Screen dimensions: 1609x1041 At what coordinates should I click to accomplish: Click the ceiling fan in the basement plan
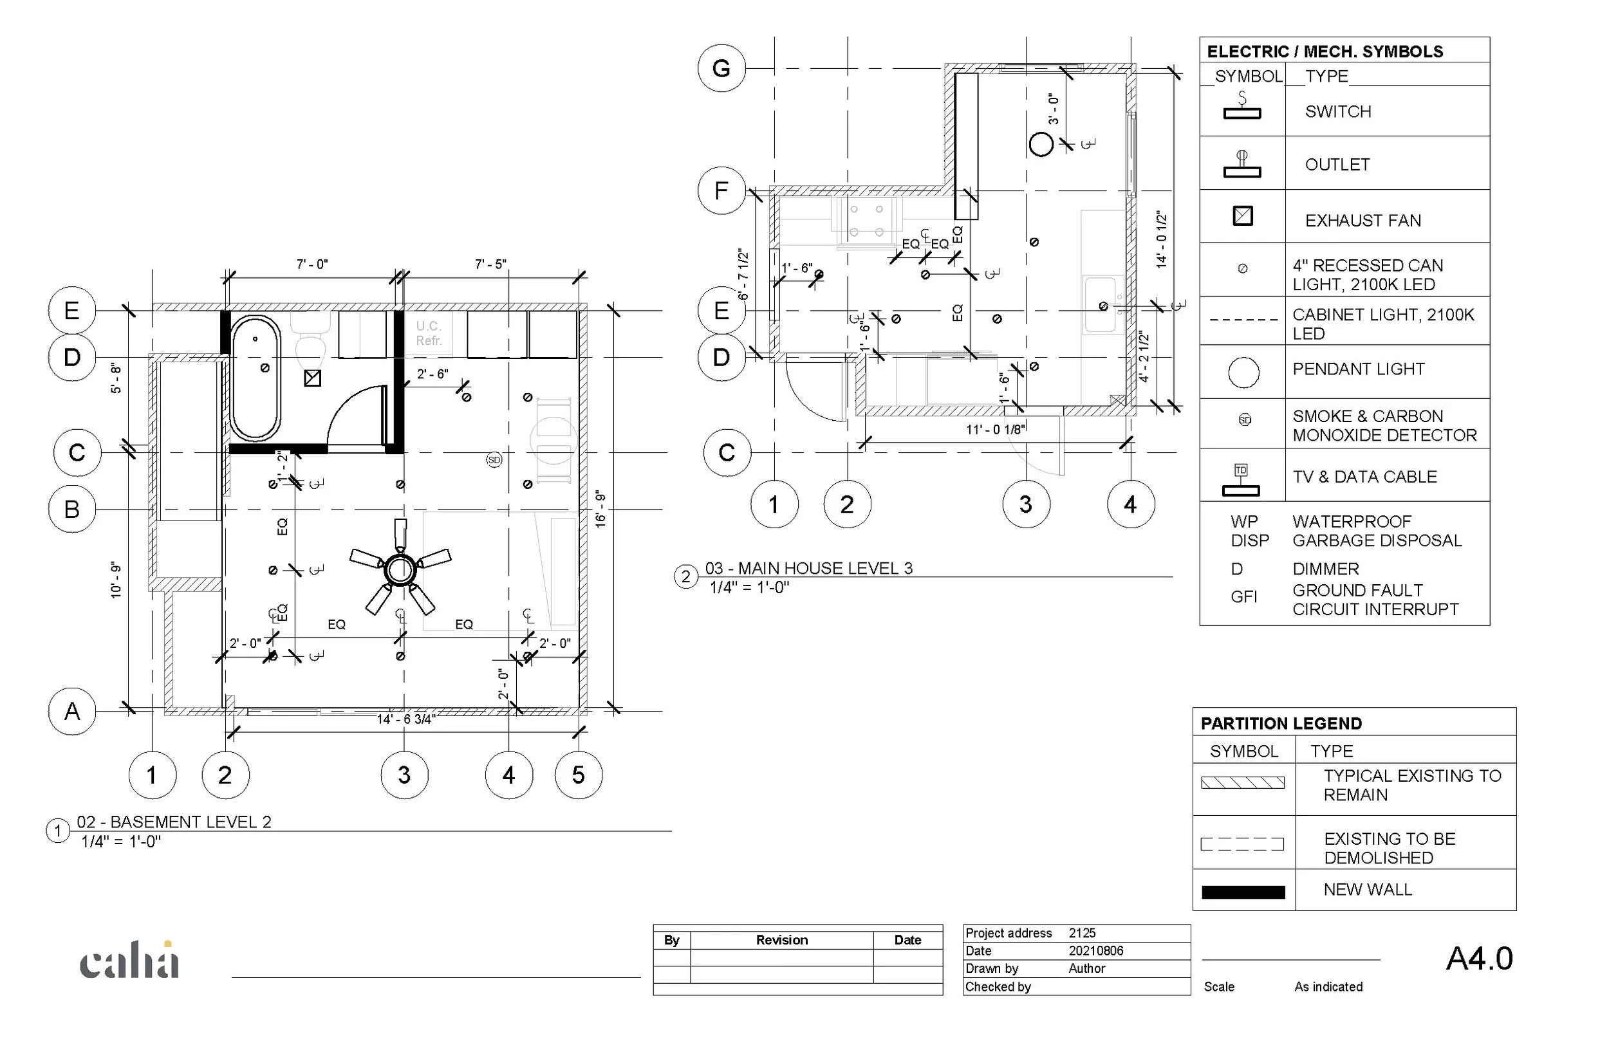point(400,569)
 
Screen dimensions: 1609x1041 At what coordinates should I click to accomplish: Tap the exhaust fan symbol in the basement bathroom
point(312,378)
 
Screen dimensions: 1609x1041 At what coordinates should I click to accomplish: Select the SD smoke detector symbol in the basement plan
point(494,460)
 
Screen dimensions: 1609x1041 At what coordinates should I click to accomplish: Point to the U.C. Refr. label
point(429,333)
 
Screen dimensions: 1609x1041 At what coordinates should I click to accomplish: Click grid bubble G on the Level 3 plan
point(721,68)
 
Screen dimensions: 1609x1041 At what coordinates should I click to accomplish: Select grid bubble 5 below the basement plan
point(578,775)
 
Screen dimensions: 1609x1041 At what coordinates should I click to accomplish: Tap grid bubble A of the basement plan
point(71,711)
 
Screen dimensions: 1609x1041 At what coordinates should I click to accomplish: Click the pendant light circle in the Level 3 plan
point(1041,144)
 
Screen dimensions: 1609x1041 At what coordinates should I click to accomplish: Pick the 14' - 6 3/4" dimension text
point(405,719)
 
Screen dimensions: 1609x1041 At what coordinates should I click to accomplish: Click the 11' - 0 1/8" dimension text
point(995,429)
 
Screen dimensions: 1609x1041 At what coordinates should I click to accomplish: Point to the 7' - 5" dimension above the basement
point(490,264)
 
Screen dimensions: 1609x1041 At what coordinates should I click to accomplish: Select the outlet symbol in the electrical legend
point(1242,164)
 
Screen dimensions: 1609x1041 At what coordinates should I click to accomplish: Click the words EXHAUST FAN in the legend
point(1363,221)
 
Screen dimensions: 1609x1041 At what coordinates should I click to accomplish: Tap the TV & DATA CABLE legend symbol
point(1242,479)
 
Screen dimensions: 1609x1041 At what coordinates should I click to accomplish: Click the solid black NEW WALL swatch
point(1243,892)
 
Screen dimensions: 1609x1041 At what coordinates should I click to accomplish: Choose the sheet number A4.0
point(1479,959)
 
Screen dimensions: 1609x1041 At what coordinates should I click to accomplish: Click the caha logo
point(129,961)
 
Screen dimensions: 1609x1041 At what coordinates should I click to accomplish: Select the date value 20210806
point(1095,950)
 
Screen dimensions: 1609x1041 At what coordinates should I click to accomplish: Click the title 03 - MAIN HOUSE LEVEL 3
point(808,569)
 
